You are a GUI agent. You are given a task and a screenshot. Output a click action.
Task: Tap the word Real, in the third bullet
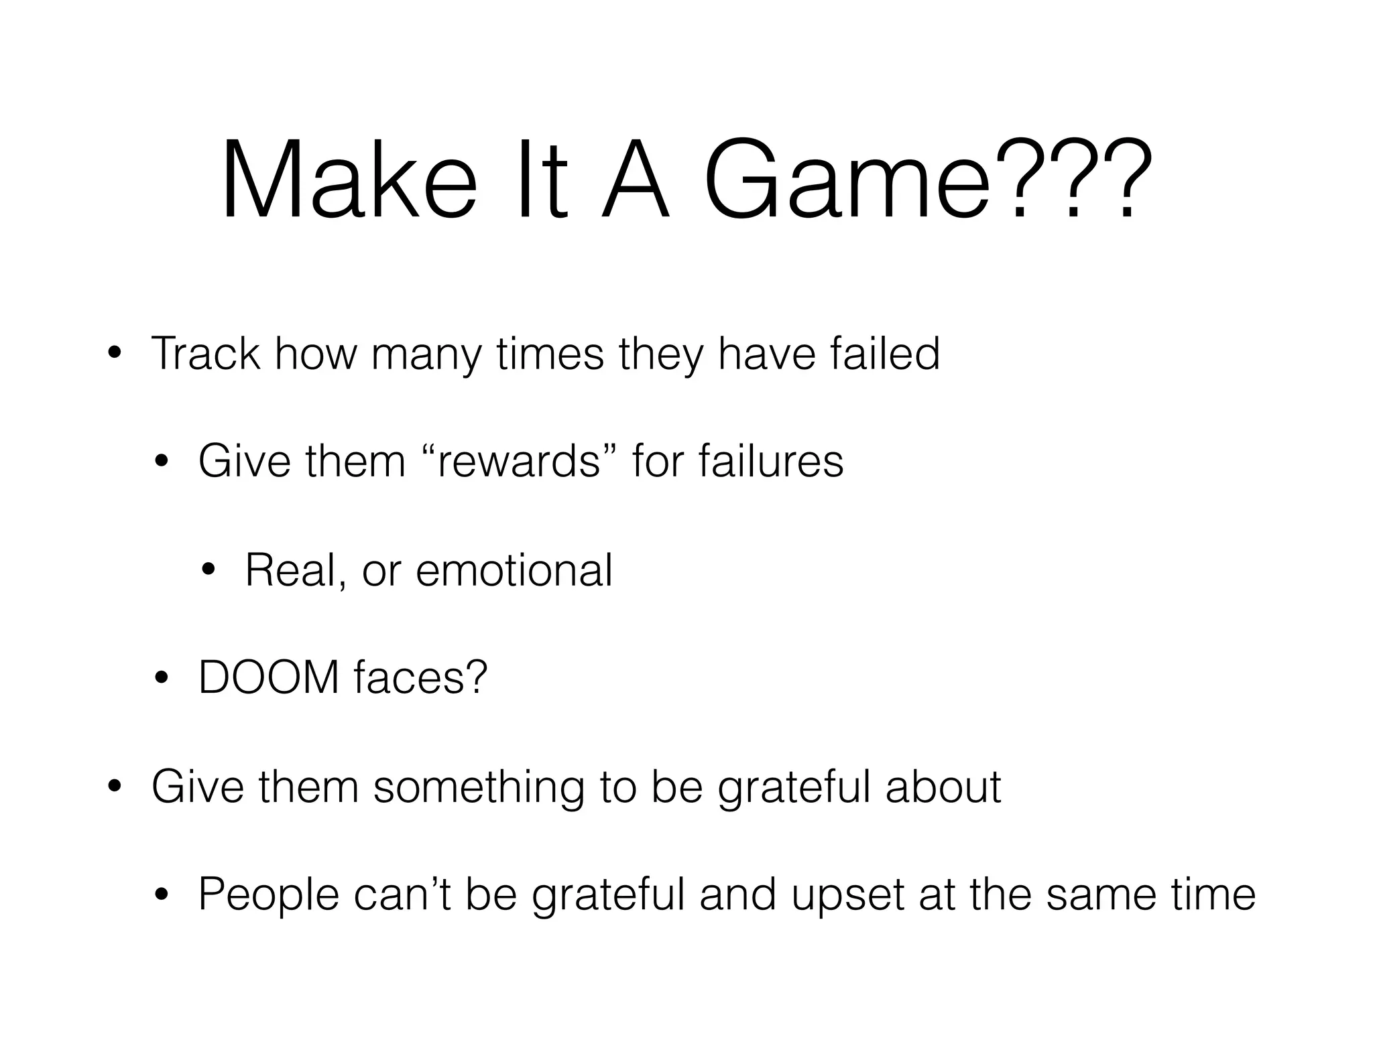(296, 570)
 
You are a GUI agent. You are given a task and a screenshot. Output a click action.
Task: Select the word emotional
(514, 570)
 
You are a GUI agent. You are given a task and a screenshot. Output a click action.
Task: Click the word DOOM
(269, 677)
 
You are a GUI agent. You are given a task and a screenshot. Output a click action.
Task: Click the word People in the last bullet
(269, 894)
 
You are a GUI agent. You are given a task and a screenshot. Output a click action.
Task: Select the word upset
(848, 894)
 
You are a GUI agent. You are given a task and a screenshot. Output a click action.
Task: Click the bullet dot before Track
(115, 353)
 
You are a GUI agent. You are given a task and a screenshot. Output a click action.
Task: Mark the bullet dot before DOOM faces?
(162, 678)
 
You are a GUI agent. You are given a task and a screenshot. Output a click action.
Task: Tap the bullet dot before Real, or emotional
(208, 570)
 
